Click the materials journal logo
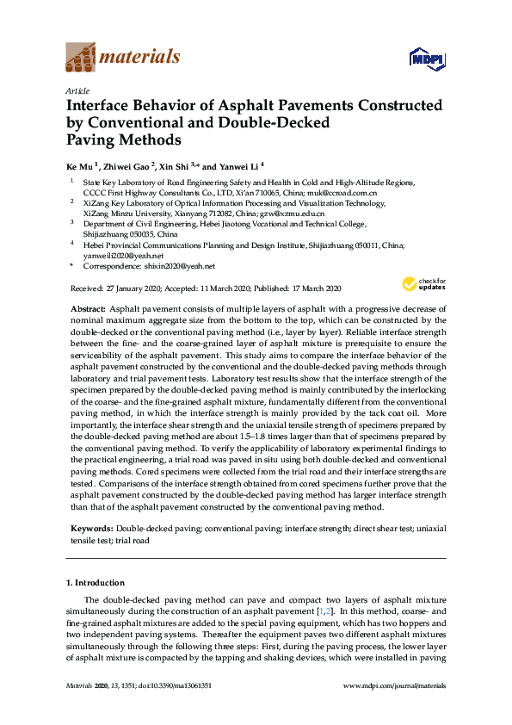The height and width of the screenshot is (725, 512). tap(123, 59)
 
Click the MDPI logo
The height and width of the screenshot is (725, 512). tap(428, 59)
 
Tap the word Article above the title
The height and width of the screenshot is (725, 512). tap(77, 90)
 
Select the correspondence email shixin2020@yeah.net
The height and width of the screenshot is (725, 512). tap(184, 266)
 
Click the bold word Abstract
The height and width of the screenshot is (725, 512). tap(86, 308)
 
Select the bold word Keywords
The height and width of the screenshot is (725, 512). tap(90, 526)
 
